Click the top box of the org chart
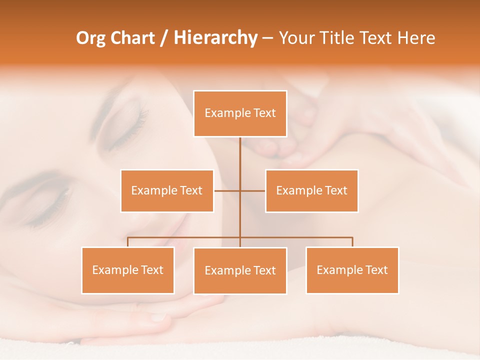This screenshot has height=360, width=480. point(240,113)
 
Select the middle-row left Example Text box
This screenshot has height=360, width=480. point(167,190)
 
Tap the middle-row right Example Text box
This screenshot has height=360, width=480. point(311,190)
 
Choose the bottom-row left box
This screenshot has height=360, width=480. point(128,270)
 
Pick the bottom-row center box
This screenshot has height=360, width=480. point(240,270)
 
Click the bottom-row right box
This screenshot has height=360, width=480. point(352,270)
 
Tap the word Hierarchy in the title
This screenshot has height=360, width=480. point(215,38)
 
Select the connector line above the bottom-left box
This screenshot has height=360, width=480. point(128,242)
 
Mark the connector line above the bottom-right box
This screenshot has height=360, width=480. point(352,242)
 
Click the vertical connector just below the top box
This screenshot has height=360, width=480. point(240,150)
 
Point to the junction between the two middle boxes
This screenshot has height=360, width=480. point(240,190)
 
